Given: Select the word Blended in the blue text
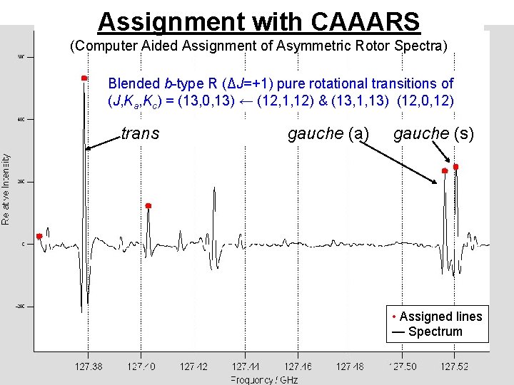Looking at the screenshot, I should (x=131, y=84).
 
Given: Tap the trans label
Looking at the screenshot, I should (x=140, y=133).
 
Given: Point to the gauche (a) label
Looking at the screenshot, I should (x=328, y=133).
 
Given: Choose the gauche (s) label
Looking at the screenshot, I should (x=433, y=133).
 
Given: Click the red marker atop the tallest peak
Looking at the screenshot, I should (x=84, y=78).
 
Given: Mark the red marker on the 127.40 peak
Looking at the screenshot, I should (x=148, y=206).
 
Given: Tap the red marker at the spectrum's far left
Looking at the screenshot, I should (x=39, y=236).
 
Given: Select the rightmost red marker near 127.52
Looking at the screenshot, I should (x=455, y=167).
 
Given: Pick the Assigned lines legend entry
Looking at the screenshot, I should (x=437, y=317).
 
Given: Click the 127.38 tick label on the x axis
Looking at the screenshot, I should (x=89, y=366).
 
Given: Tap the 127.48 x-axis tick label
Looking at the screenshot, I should (x=350, y=366).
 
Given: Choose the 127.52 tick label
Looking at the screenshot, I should (x=454, y=366).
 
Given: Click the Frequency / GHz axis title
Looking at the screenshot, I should (x=263, y=379).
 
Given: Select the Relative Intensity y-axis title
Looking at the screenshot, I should (x=6, y=190).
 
